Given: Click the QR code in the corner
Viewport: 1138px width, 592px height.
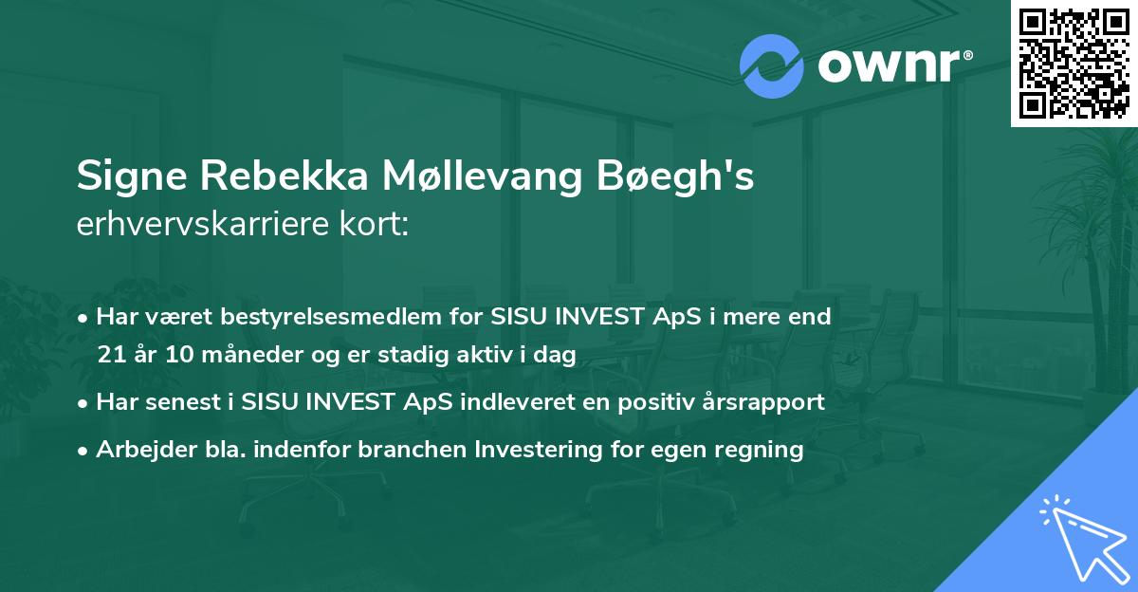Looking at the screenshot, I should point(1074,63).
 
